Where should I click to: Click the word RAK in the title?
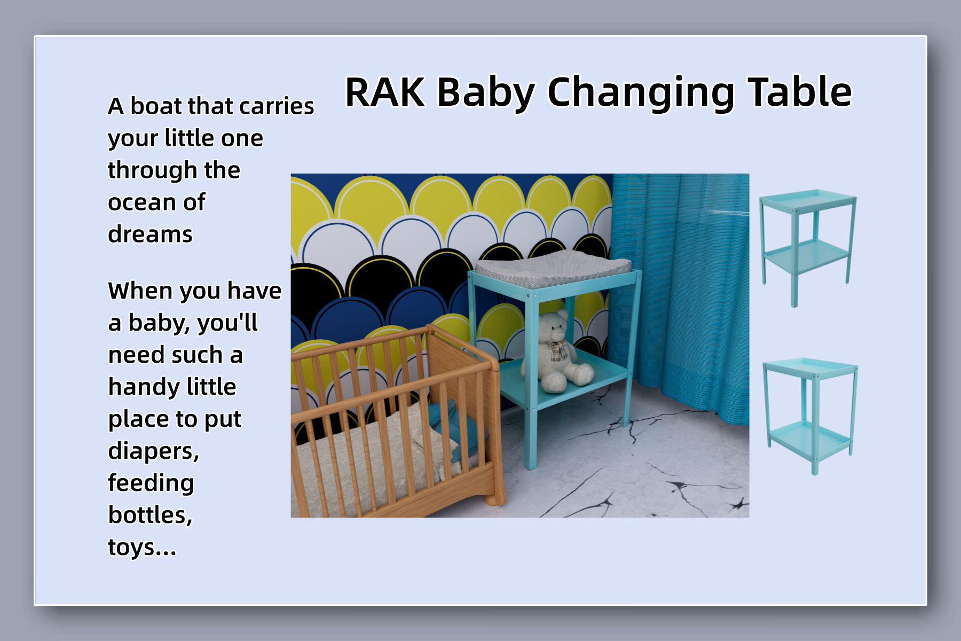[385, 92]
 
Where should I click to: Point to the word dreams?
[150, 234]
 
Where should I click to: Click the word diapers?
[154, 452]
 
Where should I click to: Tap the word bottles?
[150, 515]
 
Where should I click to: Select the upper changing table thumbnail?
[808, 247]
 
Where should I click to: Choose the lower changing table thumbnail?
[810, 416]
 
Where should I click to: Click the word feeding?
[151, 483]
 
